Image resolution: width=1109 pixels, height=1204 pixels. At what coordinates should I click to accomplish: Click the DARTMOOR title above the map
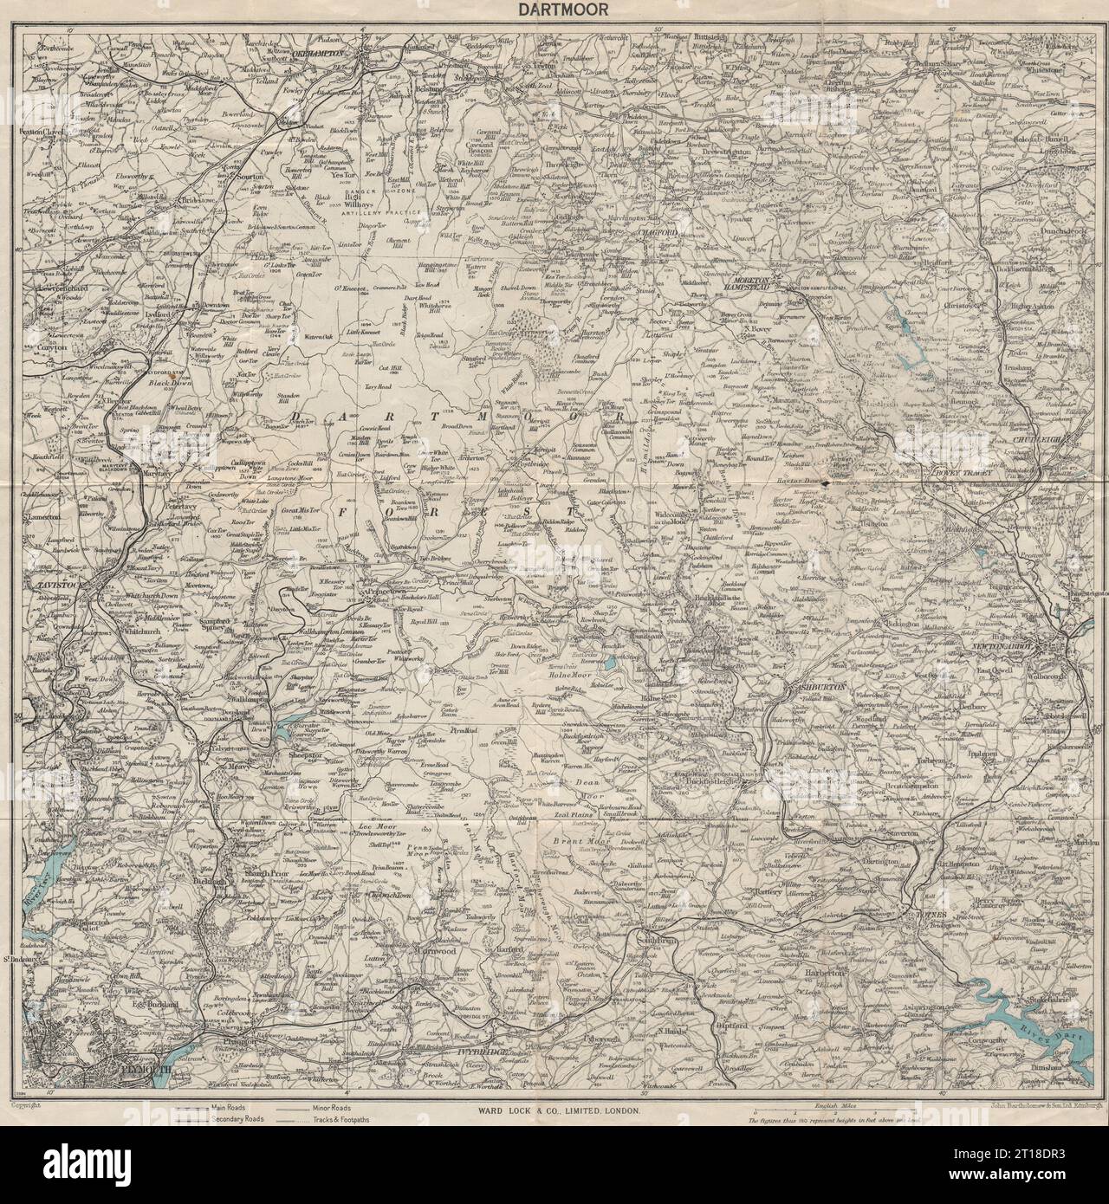coord(554,10)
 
